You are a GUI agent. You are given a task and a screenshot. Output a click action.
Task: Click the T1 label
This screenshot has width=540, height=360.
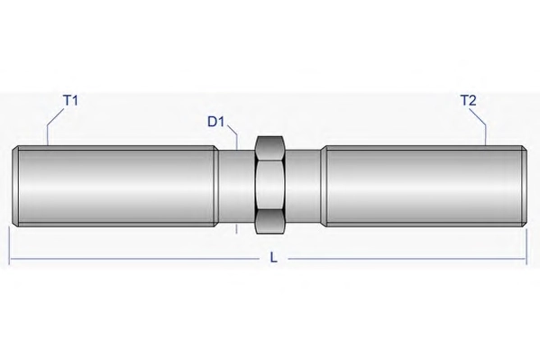point(70,100)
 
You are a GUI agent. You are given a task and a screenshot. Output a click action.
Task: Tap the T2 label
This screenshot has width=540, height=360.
point(468,100)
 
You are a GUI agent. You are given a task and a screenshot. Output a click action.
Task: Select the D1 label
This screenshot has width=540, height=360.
point(216,122)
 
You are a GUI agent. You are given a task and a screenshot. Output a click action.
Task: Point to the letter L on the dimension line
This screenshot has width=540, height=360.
point(273,257)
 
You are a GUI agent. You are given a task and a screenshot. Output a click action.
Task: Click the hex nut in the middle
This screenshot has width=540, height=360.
point(270,185)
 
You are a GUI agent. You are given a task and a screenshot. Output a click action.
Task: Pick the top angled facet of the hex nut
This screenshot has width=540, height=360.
point(270,148)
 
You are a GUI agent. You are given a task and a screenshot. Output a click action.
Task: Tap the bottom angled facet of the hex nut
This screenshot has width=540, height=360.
point(270,222)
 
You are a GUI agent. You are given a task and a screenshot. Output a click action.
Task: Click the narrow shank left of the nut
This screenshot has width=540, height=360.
point(236,185)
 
